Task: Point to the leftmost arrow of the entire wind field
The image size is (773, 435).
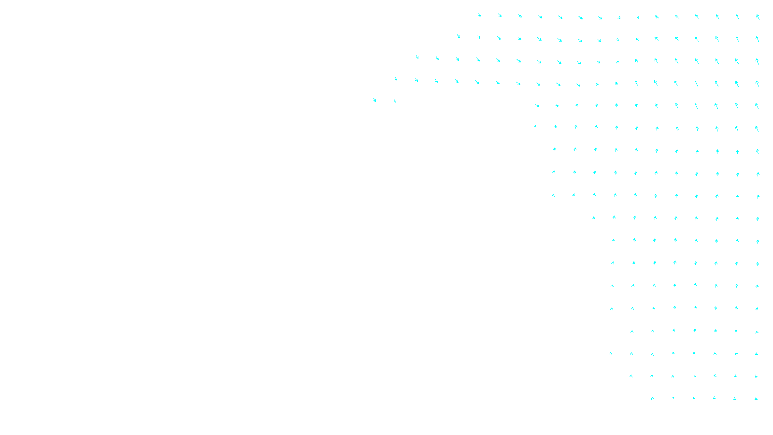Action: pyautogui.click(x=374, y=100)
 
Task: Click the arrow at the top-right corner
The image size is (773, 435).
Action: pyautogui.click(x=758, y=16)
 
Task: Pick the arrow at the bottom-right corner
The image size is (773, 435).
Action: pyautogui.click(x=756, y=399)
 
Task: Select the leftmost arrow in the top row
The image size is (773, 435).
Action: pyautogui.click(x=479, y=15)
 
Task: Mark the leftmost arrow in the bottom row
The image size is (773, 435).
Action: pyautogui.click(x=652, y=398)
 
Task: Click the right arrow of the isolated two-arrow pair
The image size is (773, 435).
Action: pyautogui.click(x=395, y=101)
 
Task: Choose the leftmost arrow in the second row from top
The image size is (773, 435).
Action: pyautogui.click(x=458, y=36)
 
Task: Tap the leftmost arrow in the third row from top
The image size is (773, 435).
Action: pyautogui.click(x=417, y=57)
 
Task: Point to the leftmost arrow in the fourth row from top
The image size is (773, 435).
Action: pyautogui.click(x=396, y=78)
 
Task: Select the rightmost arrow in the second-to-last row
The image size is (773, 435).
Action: pyautogui.click(x=756, y=376)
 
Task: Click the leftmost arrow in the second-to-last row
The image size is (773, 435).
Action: pyautogui.click(x=631, y=376)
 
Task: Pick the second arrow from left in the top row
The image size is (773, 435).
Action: pyautogui.click(x=500, y=15)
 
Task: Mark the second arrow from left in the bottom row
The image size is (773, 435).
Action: pyautogui.click(x=673, y=398)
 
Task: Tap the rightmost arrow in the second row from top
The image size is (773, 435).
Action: pyautogui.click(x=757, y=39)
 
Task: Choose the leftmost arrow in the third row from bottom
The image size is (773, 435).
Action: pyautogui.click(x=611, y=353)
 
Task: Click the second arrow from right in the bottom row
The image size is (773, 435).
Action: pyautogui.click(x=735, y=399)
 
